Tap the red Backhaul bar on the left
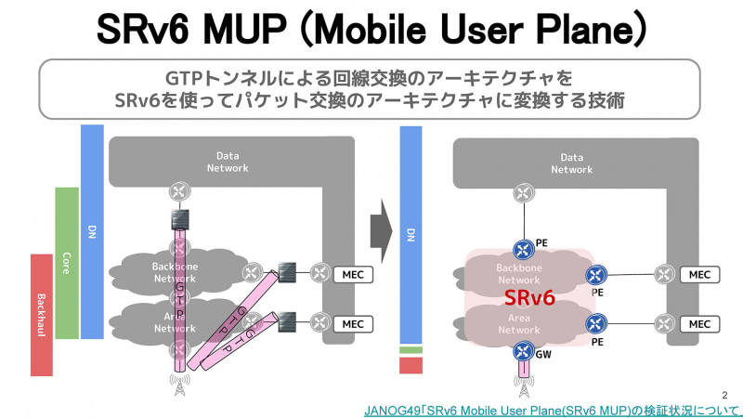pyautogui.click(x=42, y=315)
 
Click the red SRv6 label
pyautogui.click(x=529, y=298)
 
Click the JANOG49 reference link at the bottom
pyautogui.click(x=553, y=410)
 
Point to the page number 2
pyautogui.click(x=725, y=394)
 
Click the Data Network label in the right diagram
pyautogui.click(x=572, y=163)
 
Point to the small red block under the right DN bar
pyautogui.click(x=411, y=366)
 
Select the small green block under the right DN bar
pyautogui.click(x=411, y=350)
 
